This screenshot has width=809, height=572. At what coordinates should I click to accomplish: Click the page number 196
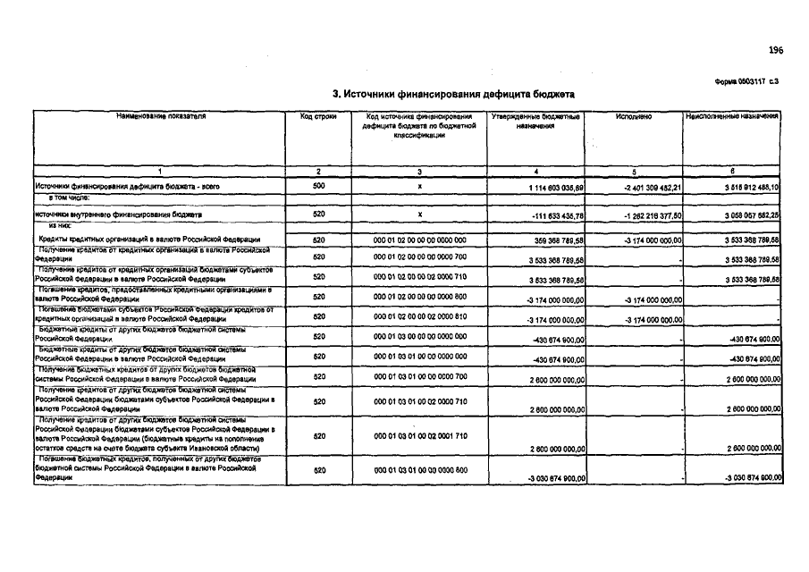(x=774, y=50)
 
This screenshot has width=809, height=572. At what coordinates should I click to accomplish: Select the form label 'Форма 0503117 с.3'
(x=748, y=81)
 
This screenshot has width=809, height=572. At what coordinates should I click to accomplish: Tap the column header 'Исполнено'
(x=634, y=117)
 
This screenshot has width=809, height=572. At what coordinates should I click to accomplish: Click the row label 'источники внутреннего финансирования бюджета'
(x=118, y=215)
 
